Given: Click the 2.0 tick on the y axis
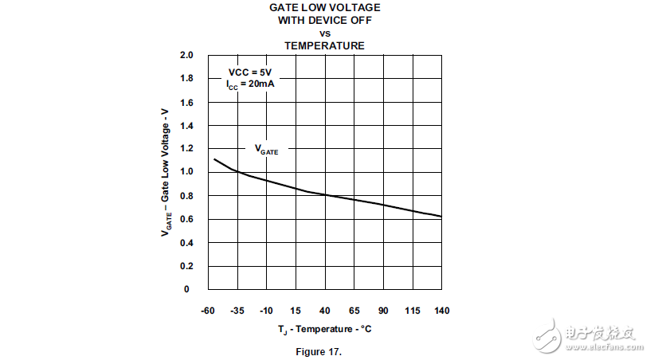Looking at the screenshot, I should click(x=186, y=56).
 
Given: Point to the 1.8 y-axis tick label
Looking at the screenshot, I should click(x=186, y=79).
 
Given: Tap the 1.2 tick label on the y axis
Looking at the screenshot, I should click(x=186, y=149).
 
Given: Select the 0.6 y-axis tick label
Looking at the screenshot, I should click(x=186, y=219).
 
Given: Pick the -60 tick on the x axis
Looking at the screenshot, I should click(x=208, y=310).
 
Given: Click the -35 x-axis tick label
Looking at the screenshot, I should click(x=237, y=310).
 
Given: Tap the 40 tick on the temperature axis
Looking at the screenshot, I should click(x=324, y=310).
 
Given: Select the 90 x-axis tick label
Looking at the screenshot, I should click(x=382, y=310).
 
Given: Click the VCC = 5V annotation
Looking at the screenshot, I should click(x=249, y=71).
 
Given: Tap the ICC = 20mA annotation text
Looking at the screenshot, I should click(x=250, y=84).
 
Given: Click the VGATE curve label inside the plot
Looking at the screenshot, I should click(x=266, y=149).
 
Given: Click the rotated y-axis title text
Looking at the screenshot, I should click(x=166, y=172).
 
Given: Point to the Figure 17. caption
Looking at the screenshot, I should click(x=323, y=351).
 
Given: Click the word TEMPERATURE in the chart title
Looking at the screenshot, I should click(x=324, y=45).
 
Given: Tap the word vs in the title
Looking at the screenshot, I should click(x=324, y=33).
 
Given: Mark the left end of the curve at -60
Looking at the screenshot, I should click(x=213, y=159).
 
